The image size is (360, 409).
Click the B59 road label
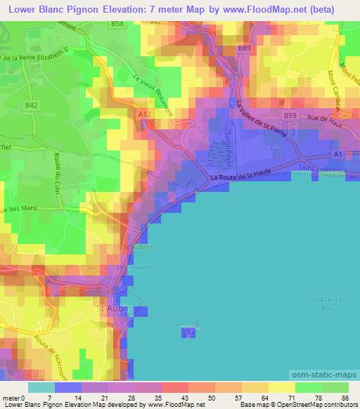tap(290, 114)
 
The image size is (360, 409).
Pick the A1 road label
tap(338, 154)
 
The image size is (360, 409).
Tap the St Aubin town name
tap(108, 309)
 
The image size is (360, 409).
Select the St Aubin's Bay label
tap(326, 304)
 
